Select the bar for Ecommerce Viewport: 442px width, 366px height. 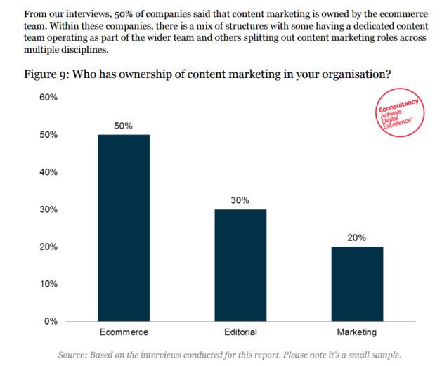123,228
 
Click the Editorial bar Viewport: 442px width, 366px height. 240,265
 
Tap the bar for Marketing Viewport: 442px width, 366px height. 356,284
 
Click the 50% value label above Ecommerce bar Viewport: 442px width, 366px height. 123,126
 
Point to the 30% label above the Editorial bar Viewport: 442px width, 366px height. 240,200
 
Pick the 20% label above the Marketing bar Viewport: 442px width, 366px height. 356,238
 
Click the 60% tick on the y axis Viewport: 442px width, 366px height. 48,97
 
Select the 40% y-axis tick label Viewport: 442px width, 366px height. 48,172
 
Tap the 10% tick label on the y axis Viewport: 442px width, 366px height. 48,285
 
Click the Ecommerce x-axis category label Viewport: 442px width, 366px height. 123,332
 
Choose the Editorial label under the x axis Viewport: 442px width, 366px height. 240,332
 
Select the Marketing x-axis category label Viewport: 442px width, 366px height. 356,332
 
